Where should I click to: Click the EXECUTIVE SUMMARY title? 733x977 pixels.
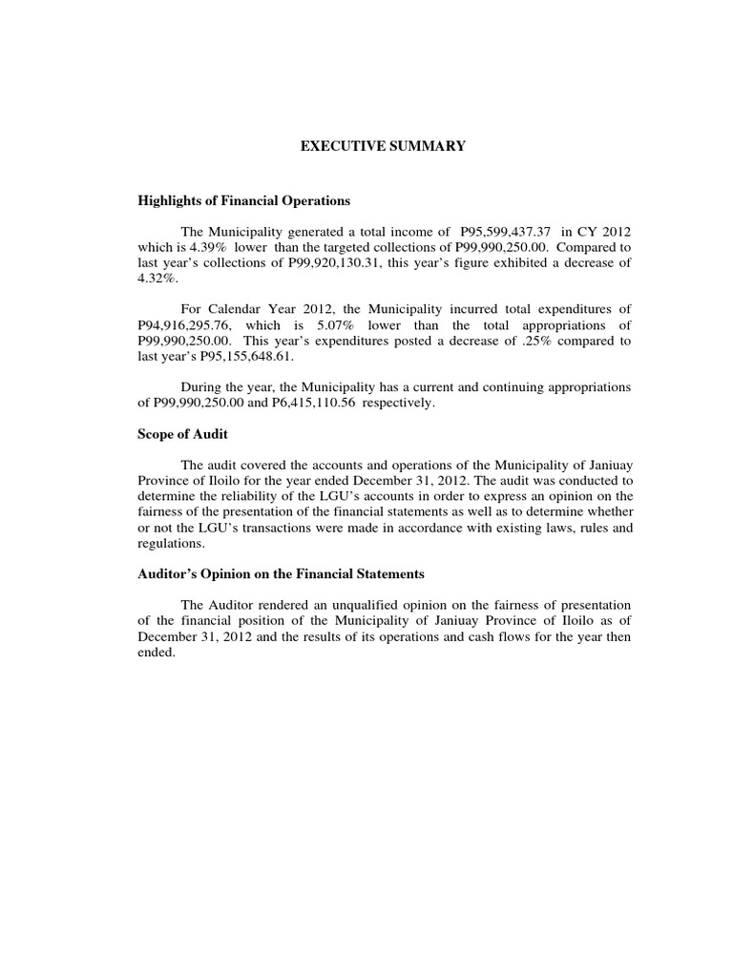click(x=384, y=147)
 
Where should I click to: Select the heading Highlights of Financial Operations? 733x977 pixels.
click(x=244, y=201)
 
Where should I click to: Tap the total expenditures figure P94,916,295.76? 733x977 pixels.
click(x=187, y=325)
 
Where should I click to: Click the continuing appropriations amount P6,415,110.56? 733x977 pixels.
click(x=373, y=404)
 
